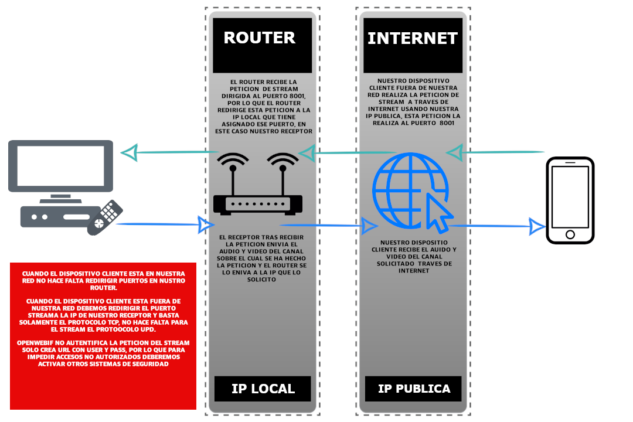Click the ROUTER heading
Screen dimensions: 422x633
coord(260,38)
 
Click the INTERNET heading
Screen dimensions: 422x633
coord(413,39)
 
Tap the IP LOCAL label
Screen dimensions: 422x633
coord(263,389)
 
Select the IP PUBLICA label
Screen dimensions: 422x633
coord(414,389)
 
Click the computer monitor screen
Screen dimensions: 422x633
coord(60,165)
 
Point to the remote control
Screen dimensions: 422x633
coord(105,217)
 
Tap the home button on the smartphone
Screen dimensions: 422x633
coord(570,234)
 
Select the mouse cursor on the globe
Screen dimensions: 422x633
coord(440,213)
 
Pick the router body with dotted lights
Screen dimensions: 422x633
coord(258,204)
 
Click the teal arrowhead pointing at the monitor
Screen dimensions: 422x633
coord(130,153)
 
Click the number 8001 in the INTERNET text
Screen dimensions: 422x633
coord(447,123)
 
